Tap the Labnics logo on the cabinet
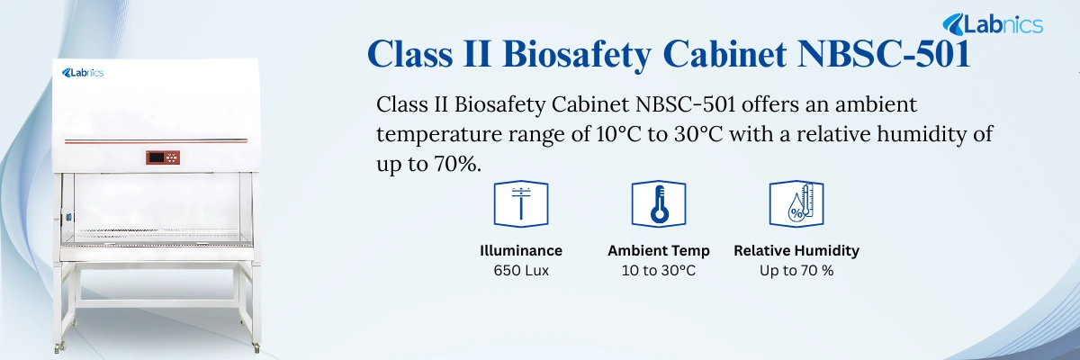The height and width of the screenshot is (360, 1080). (x=83, y=72)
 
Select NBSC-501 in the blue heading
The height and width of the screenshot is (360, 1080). (x=886, y=55)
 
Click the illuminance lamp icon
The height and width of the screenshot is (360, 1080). (x=521, y=203)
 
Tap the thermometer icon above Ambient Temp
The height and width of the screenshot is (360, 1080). (x=659, y=203)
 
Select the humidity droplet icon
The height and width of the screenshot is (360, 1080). (x=796, y=203)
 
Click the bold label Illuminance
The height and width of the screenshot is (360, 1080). (x=521, y=250)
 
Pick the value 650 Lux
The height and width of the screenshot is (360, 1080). (x=521, y=270)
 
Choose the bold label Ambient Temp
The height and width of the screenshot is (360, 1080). (x=659, y=250)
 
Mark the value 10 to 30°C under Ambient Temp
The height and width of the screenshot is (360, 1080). (x=659, y=270)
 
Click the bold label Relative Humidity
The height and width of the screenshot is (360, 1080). (x=796, y=250)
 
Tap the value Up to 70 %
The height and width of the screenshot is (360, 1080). (x=796, y=270)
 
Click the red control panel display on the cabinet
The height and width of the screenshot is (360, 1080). (x=166, y=158)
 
